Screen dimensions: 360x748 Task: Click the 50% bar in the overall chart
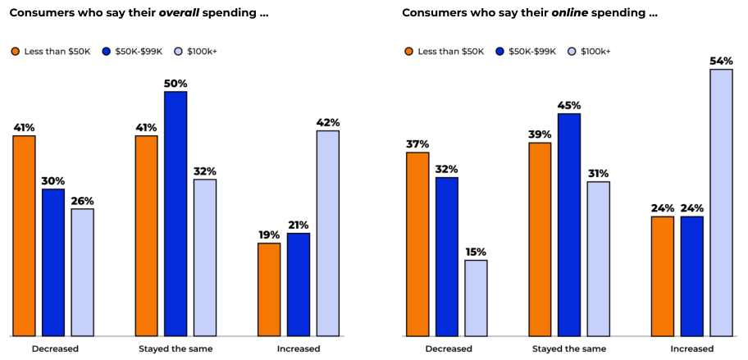click(x=176, y=213)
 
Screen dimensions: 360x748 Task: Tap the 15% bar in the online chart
click(x=476, y=298)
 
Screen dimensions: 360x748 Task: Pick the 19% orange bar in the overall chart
click(x=269, y=289)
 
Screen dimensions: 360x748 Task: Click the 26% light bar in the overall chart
click(x=82, y=272)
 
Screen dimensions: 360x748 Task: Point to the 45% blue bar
click(x=569, y=225)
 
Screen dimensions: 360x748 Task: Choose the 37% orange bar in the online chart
click(x=417, y=244)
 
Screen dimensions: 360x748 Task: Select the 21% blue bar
click(x=299, y=285)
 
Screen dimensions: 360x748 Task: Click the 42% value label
click(x=328, y=123)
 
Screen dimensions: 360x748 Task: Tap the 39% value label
click(x=540, y=134)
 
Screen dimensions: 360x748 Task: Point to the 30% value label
click(x=52, y=181)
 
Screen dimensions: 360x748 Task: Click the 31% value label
click(x=599, y=174)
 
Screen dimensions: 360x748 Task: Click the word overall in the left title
click(x=181, y=14)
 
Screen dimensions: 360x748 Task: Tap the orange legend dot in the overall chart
click(x=15, y=52)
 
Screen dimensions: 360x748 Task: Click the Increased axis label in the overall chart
click(x=299, y=349)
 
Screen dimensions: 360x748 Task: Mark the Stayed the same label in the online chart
click(x=569, y=349)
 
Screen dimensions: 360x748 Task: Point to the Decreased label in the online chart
click(x=449, y=349)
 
